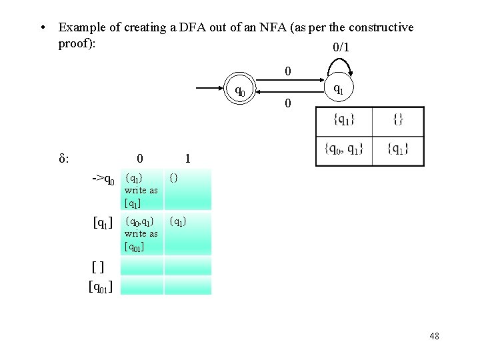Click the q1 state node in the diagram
point(338,88)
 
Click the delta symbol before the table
point(65,159)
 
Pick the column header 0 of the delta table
point(139,159)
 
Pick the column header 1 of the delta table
point(188,159)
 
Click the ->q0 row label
point(103,179)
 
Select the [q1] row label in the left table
point(103,221)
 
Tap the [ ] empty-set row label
point(98,267)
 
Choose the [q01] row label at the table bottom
point(100,287)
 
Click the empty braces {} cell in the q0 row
point(174,178)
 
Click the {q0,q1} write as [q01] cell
point(141,233)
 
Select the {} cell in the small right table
point(397,120)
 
